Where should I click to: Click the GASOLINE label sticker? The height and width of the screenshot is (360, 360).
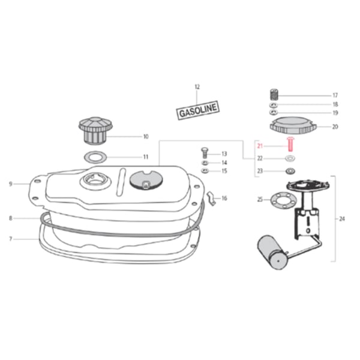click(x=197, y=110)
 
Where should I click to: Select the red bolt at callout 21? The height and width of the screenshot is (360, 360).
click(x=290, y=144)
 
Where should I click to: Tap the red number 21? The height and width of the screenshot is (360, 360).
click(x=260, y=146)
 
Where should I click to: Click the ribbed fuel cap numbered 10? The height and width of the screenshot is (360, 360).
click(x=96, y=131)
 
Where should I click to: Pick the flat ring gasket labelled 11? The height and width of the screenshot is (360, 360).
click(x=95, y=157)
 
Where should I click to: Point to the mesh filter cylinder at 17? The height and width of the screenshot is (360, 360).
click(x=274, y=94)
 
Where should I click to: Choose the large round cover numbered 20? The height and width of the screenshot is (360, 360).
click(x=293, y=126)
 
